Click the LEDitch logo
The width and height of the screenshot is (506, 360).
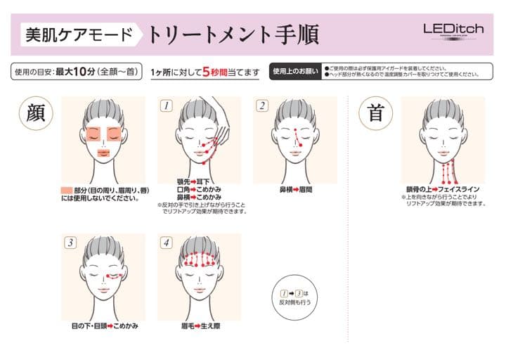453,30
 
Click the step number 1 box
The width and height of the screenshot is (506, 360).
167,106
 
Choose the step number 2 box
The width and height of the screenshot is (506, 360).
262,106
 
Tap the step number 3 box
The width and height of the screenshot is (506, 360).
70,243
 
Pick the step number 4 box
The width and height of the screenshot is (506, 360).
167,243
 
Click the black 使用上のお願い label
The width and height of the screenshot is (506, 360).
295,71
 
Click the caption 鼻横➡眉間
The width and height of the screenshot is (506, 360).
295,189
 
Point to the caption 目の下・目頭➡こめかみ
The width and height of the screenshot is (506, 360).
104,326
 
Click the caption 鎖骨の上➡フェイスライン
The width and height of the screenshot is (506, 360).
443,189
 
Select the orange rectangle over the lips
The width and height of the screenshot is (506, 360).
103,152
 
